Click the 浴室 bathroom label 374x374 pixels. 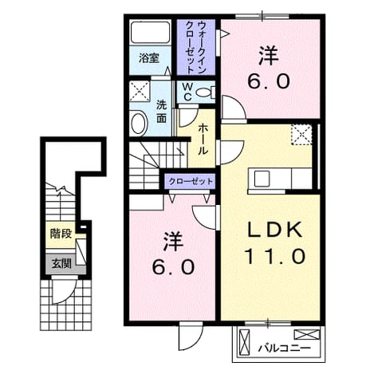coord(149,58)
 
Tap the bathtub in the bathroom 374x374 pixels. coord(150,32)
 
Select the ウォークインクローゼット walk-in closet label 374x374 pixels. coord(196,48)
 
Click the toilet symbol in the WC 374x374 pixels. coord(206,93)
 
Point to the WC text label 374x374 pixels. coord(188,92)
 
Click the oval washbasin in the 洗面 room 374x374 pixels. coord(138,124)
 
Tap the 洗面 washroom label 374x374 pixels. coord(162,112)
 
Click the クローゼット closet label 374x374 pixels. coord(191,182)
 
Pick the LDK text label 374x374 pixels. coord(275,230)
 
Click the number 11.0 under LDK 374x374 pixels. coord(275,256)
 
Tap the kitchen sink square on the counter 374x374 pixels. coord(262,179)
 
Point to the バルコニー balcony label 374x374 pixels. coord(285,348)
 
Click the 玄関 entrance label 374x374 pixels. coord(61,264)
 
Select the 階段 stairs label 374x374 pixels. coord(61,234)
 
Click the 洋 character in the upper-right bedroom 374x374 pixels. coord(269,56)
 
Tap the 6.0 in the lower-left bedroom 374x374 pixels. coord(173,267)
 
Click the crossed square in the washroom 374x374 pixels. coord(140,91)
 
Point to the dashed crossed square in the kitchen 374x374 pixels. coord(301,135)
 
